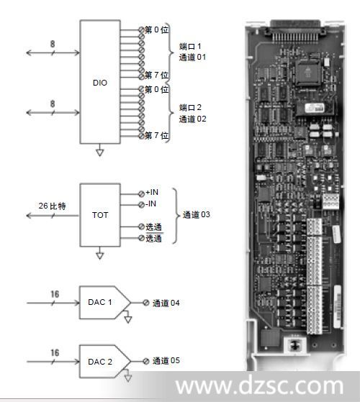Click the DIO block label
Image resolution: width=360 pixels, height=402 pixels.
[100, 83]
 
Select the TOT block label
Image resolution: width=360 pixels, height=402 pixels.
[100, 215]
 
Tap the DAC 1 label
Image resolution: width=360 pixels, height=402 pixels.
[100, 302]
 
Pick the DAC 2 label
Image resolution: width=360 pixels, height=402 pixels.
[100, 362]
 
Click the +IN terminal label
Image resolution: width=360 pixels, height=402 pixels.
[152, 192]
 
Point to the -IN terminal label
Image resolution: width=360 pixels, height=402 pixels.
[150, 204]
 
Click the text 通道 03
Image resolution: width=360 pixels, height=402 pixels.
[197, 214]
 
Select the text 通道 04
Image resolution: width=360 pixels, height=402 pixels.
[166, 303]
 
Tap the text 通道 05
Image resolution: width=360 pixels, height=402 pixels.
[166, 361]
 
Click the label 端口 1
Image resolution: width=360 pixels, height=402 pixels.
[190, 47]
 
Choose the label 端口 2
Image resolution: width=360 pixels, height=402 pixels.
[190, 107]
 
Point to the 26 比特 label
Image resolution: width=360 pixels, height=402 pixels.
[53, 206]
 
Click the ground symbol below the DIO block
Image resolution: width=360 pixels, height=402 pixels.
[100, 152]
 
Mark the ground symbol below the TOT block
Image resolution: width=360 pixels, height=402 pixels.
[100, 255]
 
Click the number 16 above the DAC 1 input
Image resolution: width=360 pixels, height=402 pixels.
[55, 294]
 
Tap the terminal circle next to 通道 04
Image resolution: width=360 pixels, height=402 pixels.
[146, 303]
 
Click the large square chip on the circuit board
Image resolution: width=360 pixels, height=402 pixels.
[308, 73]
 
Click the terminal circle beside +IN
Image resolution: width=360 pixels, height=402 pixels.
[141, 193]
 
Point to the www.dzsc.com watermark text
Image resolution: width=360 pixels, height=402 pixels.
[260, 385]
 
